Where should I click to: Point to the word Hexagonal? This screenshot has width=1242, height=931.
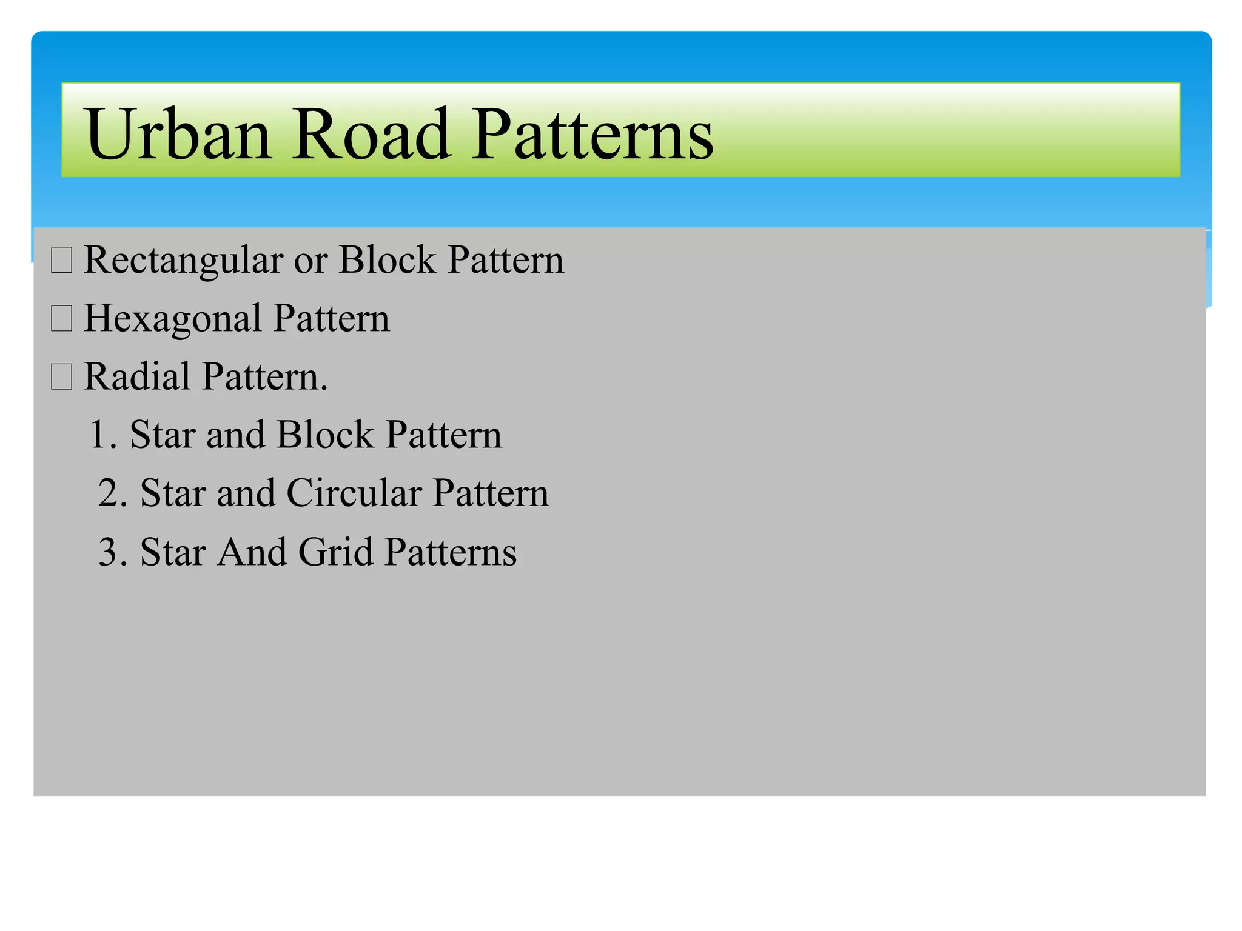point(173,319)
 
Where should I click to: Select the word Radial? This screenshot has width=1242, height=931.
point(137,377)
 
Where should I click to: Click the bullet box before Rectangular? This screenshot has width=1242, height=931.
point(62,260)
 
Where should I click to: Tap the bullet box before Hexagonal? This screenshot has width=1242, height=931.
point(62,318)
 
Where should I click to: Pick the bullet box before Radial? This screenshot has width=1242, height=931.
point(62,376)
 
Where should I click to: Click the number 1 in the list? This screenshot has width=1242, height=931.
point(97,435)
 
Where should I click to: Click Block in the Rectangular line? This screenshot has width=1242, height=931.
point(387,260)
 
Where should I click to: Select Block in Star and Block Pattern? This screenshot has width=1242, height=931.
point(325,435)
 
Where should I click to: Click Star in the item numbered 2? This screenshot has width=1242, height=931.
point(173,493)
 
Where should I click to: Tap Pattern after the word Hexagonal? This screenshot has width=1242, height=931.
point(331,318)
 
